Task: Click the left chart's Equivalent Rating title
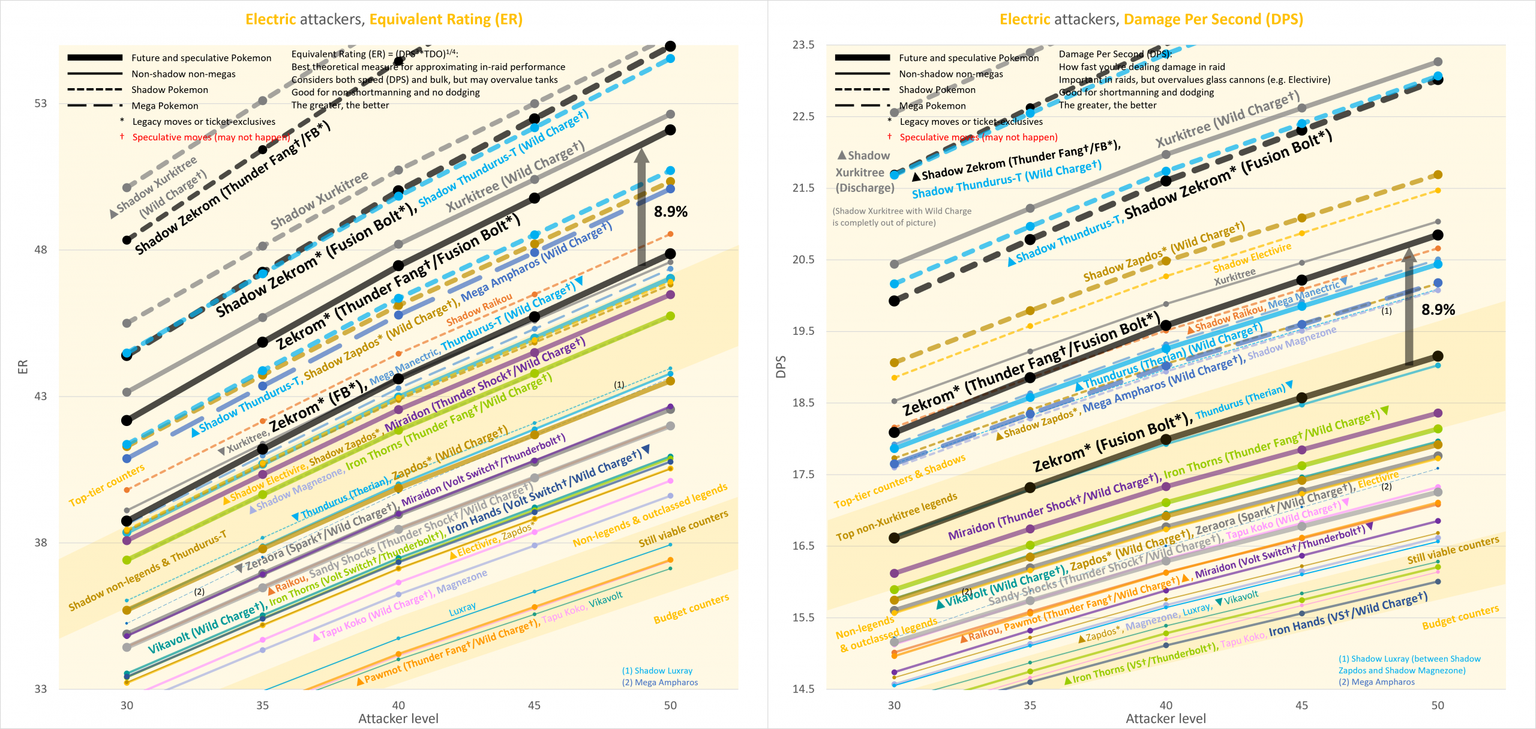[384, 19]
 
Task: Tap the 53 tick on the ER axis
[40, 103]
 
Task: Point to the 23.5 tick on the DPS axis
[803, 45]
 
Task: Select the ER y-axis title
[23, 367]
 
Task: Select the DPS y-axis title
[781, 367]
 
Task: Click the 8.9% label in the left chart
[670, 211]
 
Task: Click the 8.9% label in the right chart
[1438, 310]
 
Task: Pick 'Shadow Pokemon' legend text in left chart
[170, 89]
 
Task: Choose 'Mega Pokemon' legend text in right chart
[932, 106]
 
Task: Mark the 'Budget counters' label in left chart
[691, 608]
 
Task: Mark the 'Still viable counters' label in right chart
[1453, 550]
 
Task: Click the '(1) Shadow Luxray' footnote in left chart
[657, 670]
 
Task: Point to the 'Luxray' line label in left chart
[463, 610]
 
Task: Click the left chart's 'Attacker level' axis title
[398, 718]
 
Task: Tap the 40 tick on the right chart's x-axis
[1165, 705]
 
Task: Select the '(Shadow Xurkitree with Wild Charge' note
[901, 211]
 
